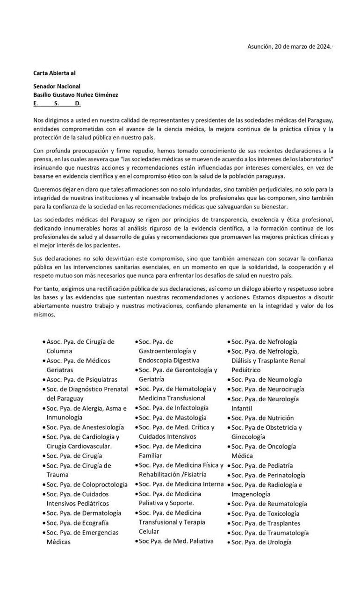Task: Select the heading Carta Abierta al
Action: (54, 73)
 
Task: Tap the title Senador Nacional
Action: (57, 86)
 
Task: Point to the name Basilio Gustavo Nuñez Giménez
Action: (75, 94)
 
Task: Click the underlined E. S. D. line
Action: (57, 103)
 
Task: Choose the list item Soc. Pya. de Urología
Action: (261, 542)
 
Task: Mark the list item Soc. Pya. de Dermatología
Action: (84, 513)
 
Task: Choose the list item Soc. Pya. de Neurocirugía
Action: (267, 389)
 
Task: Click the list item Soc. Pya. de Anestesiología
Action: (85, 427)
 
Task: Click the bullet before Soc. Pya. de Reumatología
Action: (229, 504)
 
